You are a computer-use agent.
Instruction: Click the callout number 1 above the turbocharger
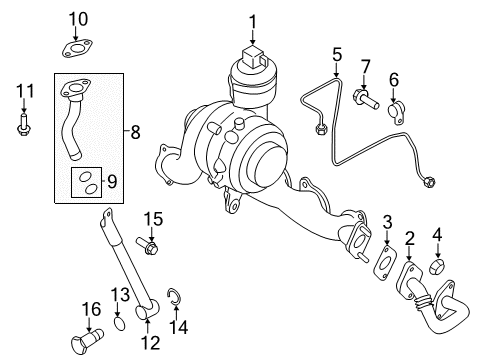(253, 22)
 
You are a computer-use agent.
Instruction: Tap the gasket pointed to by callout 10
(77, 49)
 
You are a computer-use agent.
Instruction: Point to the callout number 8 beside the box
(135, 132)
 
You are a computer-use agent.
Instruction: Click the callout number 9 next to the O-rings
(112, 182)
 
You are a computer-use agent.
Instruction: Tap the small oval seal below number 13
(120, 324)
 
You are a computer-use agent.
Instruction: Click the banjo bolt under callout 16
(87, 339)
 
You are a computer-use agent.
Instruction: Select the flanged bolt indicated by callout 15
(147, 246)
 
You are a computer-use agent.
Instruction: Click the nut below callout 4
(437, 265)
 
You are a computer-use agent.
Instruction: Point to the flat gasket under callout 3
(385, 263)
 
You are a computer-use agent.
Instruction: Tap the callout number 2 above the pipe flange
(409, 239)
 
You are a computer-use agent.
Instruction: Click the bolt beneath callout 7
(365, 98)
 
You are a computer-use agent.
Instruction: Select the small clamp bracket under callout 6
(396, 113)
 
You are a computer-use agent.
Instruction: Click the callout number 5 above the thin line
(337, 54)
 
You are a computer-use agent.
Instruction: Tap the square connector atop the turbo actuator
(254, 55)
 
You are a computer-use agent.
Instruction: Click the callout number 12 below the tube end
(150, 342)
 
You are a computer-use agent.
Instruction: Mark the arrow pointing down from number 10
(76, 34)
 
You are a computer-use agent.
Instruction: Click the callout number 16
(91, 309)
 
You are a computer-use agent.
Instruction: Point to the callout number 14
(178, 327)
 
